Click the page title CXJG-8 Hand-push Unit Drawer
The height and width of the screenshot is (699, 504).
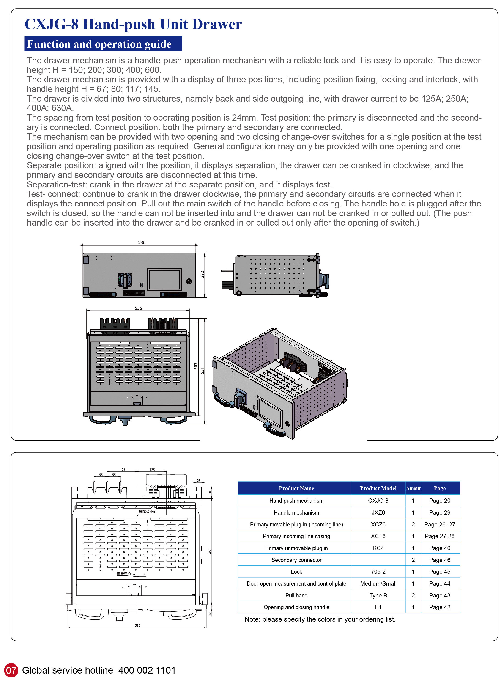tap(133, 24)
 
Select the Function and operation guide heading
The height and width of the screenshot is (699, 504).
tap(99, 44)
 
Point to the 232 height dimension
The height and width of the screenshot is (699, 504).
tap(202, 274)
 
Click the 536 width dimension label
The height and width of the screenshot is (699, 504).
tap(138, 308)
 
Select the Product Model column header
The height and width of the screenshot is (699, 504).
tap(378, 488)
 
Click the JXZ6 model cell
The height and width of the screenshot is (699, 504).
tap(378, 512)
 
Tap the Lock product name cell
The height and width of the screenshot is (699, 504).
tap(296, 572)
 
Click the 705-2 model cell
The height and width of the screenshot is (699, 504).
tap(378, 572)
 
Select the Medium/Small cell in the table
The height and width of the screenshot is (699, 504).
tap(378, 583)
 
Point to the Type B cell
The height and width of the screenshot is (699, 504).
tap(378, 595)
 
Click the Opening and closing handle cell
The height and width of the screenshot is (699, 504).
tap(296, 607)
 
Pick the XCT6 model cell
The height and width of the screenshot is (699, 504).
tap(378, 536)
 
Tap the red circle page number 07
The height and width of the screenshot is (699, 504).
tap(11, 670)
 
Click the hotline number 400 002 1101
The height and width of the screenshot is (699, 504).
tap(147, 670)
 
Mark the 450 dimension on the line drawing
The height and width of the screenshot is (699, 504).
tap(210, 551)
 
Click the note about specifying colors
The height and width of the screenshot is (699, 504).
tap(320, 619)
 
